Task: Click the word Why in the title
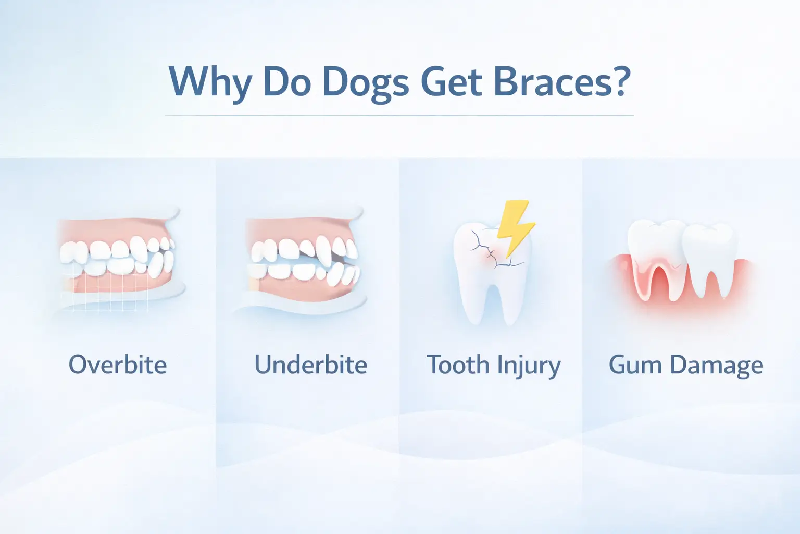click(210, 82)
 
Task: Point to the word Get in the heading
click(452, 81)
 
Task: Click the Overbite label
click(118, 365)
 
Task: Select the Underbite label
click(310, 365)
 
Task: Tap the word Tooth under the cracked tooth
click(457, 365)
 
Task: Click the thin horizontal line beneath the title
click(399, 115)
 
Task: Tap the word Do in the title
click(287, 82)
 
